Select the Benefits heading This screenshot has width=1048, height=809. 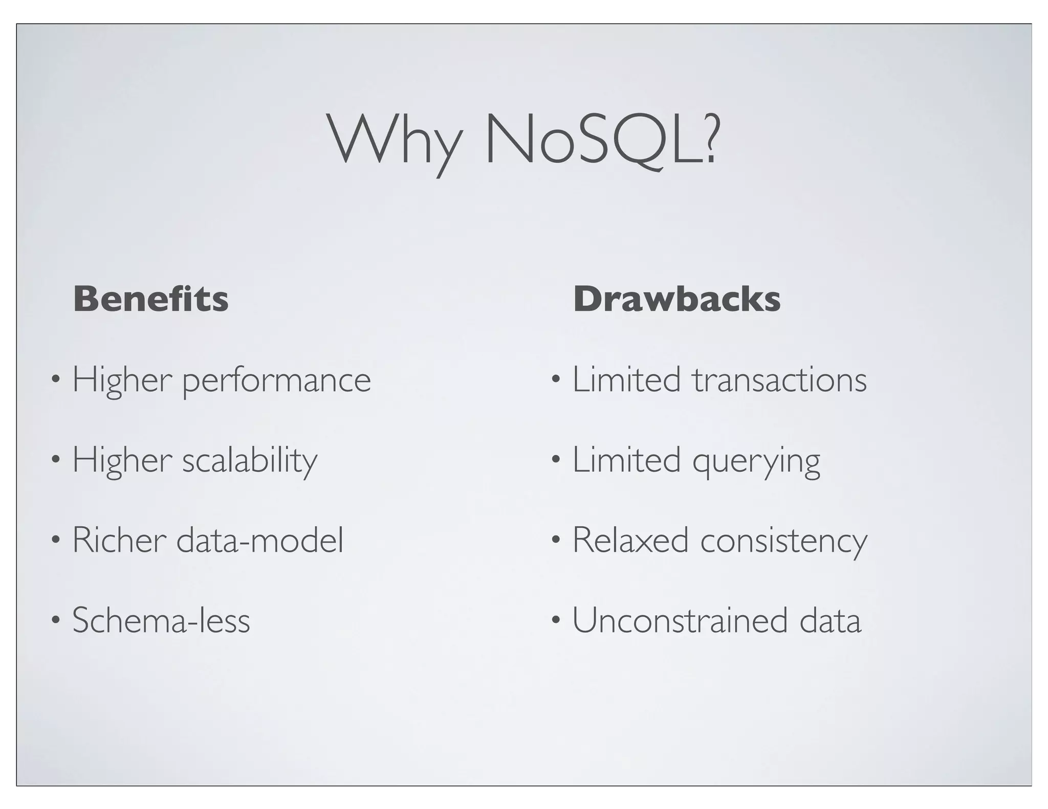coord(151,299)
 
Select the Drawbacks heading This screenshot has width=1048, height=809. coord(676,299)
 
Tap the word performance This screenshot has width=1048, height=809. coord(276,381)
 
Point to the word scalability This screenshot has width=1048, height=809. coord(250,460)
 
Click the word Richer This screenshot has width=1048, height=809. coord(119,540)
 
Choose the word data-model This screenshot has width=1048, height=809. coord(260,540)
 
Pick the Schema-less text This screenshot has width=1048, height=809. coord(161,620)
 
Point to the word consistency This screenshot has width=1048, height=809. coord(783,541)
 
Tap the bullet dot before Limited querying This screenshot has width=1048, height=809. coord(556,461)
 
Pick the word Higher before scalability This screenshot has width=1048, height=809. coord(122,460)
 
